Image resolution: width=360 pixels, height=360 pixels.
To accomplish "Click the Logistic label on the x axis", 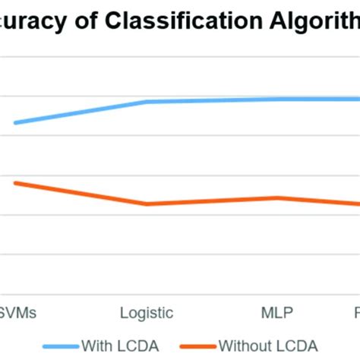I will coord(147,312).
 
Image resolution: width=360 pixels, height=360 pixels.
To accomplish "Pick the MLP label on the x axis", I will coord(277,312).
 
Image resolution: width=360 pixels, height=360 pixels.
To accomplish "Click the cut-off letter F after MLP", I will coord(356,312).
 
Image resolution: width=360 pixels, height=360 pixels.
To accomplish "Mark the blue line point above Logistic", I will coord(147,101).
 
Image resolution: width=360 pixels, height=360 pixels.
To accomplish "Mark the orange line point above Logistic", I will coord(147,204).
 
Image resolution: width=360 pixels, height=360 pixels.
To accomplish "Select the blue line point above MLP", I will coord(277,99).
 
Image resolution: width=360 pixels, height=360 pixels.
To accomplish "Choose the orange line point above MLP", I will coord(277,197).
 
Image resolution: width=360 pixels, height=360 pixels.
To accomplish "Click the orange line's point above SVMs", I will coord(15,183).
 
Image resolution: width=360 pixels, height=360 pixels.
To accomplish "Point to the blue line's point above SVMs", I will coord(15,122).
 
